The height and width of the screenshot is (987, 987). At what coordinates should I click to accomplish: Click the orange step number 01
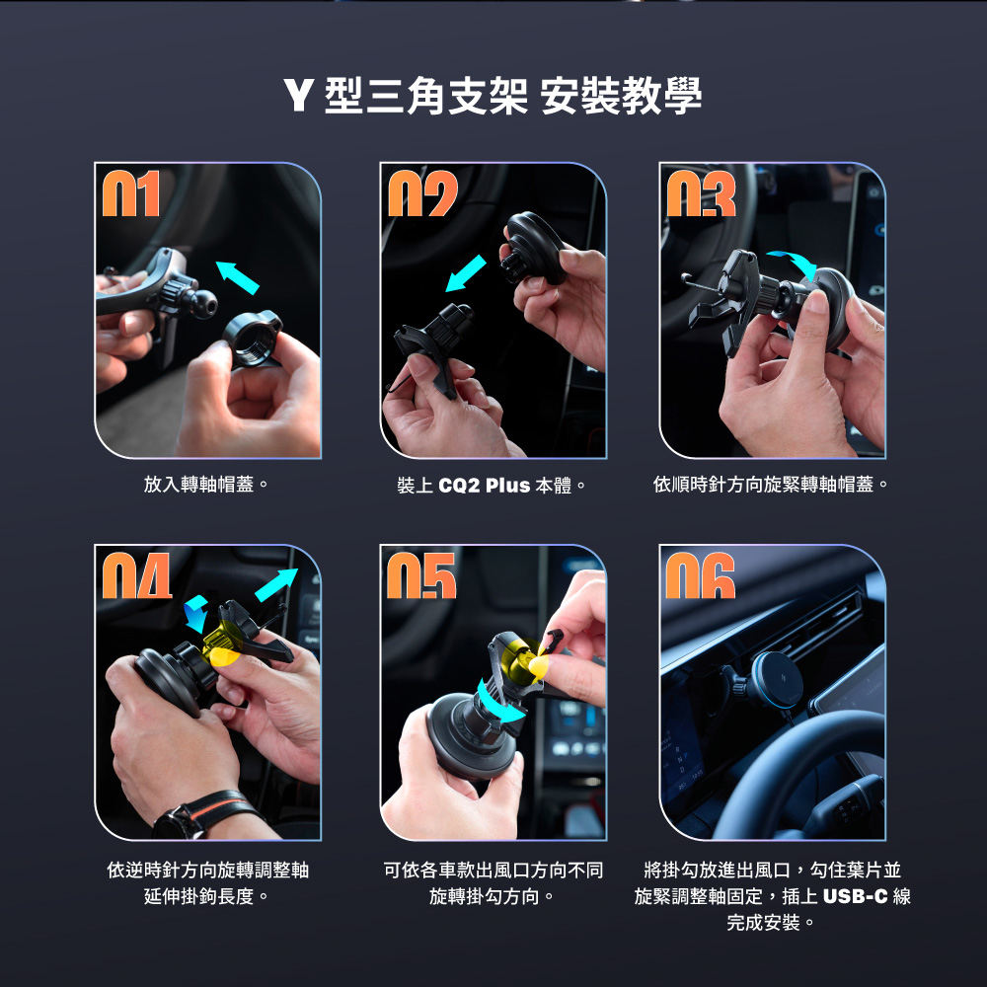point(131,193)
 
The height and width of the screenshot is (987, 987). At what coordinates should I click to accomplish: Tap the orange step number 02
point(422,193)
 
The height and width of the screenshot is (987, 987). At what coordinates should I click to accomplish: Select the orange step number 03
point(701,193)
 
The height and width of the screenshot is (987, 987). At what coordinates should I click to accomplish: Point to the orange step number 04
point(136,575)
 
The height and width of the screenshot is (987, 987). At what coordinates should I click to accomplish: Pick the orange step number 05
point(421,575)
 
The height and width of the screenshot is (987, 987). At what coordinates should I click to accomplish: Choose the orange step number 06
point(700,575)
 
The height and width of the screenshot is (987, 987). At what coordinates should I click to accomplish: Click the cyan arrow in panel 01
point(237,277)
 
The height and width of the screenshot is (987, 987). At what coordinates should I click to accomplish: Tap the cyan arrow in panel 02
point(465,273)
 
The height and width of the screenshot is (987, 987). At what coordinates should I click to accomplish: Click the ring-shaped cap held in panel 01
point(253,339)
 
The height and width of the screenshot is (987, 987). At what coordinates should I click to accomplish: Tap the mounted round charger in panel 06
point(777,680)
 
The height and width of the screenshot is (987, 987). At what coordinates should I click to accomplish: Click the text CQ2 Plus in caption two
point(484,486)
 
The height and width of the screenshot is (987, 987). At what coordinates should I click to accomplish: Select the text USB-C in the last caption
point(855,896)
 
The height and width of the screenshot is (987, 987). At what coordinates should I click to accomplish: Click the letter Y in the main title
point(298,95)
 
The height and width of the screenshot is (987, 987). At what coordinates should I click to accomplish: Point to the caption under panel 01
point(206,484)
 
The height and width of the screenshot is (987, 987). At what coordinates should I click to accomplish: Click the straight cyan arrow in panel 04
point(276,584)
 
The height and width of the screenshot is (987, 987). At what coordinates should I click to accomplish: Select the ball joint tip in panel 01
point(204,304)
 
